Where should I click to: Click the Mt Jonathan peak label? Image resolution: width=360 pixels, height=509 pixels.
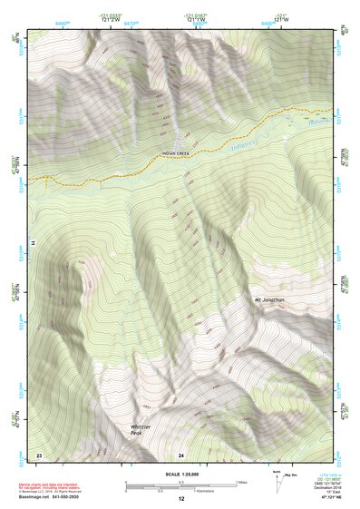tap(269, 299)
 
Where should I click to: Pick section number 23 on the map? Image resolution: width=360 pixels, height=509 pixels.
tap(39, 453)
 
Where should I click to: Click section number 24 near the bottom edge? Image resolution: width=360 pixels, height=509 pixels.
tap(181, 453)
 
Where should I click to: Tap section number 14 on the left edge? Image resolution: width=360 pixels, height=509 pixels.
tap(31, 243)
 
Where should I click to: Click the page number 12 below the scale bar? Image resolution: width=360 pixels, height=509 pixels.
tap(181, 500)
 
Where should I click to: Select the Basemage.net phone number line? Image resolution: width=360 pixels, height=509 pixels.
tap(55, 498)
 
